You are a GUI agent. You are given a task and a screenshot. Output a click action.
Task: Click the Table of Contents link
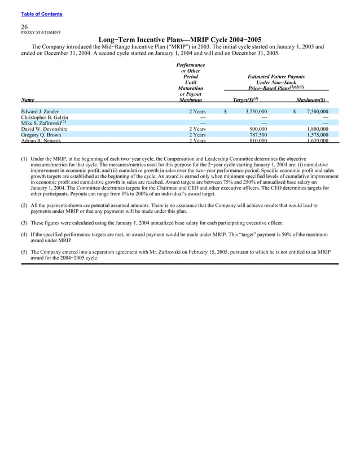point(42,14)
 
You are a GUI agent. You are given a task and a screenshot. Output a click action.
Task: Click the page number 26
point(25,27)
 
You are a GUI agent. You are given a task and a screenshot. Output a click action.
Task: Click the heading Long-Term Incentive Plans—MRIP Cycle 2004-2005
point(180,39)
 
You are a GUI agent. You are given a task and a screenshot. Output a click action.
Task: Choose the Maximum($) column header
point(308,100)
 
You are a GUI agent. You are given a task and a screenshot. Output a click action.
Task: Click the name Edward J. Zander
point(40,112)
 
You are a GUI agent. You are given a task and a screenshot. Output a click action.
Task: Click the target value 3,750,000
point(255,112)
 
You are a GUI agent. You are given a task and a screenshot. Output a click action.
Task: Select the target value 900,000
point(258,129)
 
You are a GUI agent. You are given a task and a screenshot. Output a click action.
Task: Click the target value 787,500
point(258,135)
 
